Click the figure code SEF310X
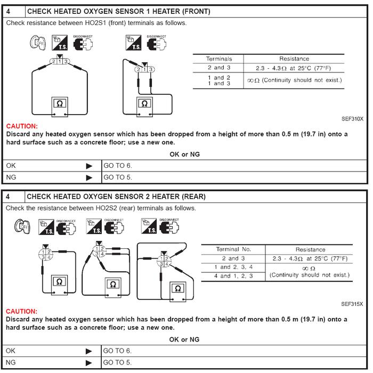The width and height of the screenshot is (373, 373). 352,119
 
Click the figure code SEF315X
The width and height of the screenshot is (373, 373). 352,304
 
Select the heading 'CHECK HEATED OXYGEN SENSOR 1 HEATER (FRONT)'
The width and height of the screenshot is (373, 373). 118,11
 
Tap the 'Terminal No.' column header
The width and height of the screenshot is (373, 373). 233,249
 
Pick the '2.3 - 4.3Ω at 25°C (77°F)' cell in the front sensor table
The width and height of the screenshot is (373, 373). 295,68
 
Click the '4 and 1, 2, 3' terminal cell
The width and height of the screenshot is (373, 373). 233,276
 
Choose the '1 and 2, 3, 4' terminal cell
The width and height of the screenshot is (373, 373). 233,267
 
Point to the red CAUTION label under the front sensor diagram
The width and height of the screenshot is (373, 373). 22,126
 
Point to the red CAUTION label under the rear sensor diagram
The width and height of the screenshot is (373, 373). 22,311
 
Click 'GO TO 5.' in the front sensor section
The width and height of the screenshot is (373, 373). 117,177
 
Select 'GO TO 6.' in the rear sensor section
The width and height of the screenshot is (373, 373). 117,351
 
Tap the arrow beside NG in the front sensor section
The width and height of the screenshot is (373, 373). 89,177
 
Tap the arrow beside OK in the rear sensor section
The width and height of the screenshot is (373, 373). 89,351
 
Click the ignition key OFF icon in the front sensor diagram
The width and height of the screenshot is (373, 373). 35,43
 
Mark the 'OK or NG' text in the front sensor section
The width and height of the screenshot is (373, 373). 184,155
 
